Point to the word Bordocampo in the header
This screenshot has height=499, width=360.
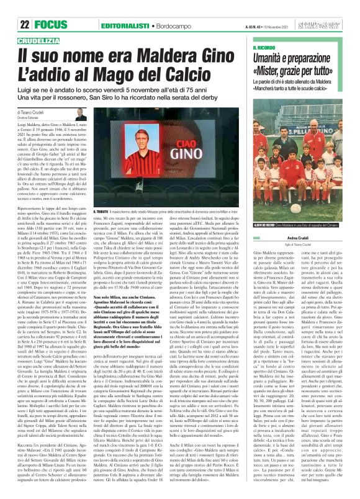tap(174, 8)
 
